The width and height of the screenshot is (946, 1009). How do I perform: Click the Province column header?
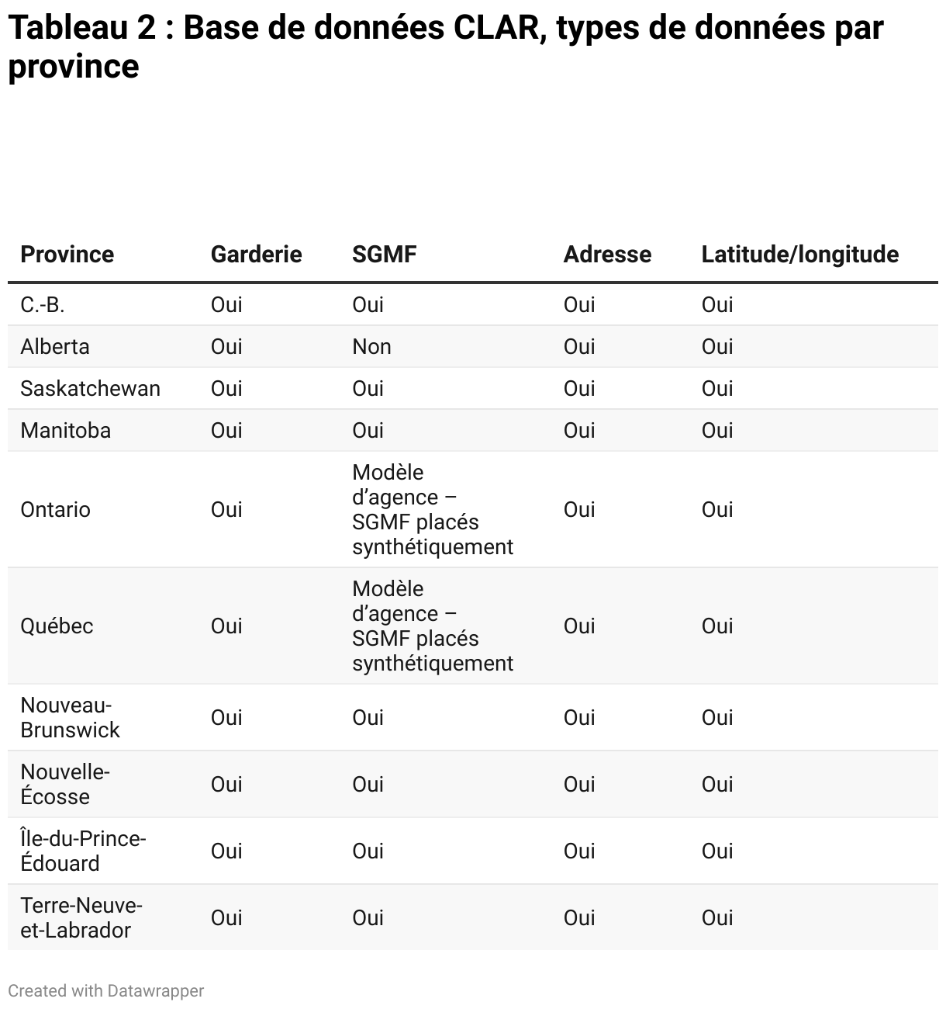tap(67, 255)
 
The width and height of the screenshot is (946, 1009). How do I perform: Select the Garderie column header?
tap(256, 255)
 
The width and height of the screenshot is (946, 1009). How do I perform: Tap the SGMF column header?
tap(384, 255)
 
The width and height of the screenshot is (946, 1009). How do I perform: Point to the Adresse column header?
tap(607, 255)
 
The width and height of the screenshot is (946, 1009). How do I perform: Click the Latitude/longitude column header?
tap(799, 255)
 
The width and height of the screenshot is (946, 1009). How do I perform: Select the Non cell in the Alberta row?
tap(371, 347)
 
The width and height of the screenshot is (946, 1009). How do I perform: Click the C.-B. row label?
tap(43, 305)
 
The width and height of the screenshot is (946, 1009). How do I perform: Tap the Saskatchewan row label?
tap(90, 389)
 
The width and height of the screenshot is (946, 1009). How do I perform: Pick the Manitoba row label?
tap(65, 431)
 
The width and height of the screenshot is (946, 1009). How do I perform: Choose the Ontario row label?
tap(55, 510)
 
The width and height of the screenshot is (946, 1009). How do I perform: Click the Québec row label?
tap(57, 626)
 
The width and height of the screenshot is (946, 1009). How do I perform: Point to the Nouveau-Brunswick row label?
tap(70, 718)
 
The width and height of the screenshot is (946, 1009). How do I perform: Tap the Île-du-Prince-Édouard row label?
tap(83, 851)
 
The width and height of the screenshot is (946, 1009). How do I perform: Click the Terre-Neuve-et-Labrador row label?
tap(81, 918)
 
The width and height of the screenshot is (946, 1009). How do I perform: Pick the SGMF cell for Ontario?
tap(432, 510)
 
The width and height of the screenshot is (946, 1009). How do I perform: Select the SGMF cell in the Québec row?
tap(432, 626)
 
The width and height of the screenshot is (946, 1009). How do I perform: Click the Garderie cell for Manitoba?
tap(226, 431)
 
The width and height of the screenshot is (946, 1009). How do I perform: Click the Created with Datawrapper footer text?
tap(106, 991)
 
